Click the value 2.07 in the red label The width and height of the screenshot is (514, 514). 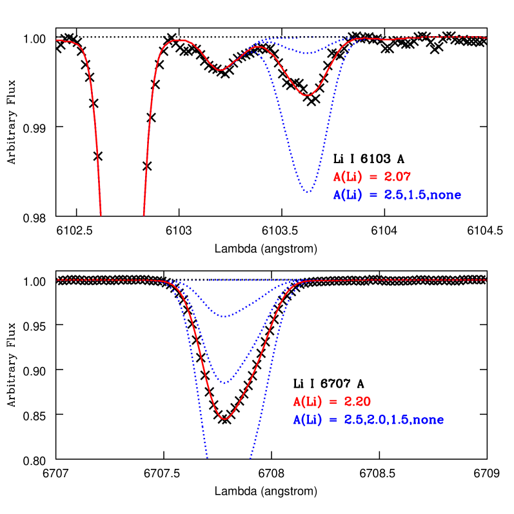[397, 176]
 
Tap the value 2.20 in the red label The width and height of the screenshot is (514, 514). [357, 402]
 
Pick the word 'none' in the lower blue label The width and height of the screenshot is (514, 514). [428, 420]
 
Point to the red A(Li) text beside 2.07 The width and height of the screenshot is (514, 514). [348, 176]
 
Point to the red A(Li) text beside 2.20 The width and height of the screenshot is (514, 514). [308, 402]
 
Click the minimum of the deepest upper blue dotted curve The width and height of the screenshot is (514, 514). [308, 192]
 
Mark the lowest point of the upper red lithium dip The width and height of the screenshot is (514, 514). [308, 95]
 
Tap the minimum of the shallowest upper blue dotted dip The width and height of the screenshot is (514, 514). [310, 53]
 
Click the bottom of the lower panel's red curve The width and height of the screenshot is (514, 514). [224, 419]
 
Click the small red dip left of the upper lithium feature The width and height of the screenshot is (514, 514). [221, 70]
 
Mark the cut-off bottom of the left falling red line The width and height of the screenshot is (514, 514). [101, 215]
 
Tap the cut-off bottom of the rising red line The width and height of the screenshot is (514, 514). [143, 215]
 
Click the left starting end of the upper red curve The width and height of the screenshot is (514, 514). [57, 40]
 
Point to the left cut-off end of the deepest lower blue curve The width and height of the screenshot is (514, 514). [207, 459]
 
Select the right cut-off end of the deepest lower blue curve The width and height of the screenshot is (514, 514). [250, 459]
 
